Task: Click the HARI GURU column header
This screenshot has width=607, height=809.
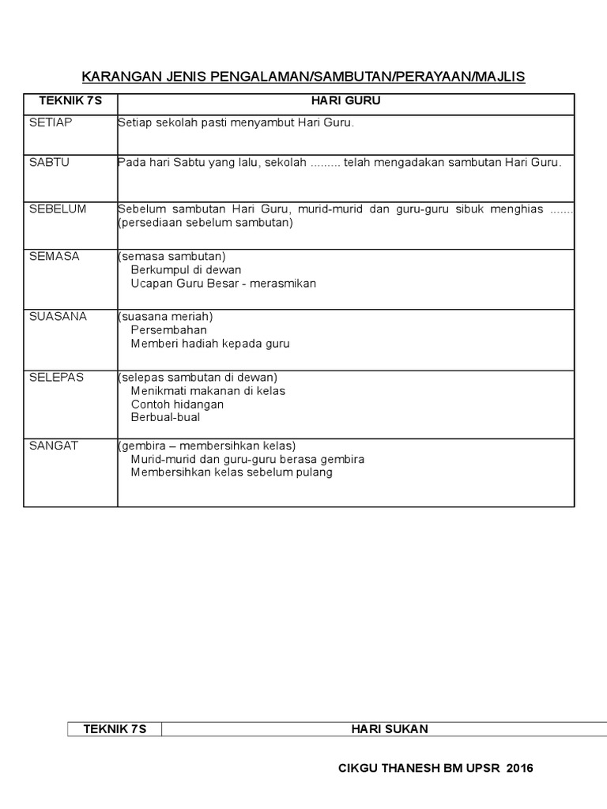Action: (x=345, y=102)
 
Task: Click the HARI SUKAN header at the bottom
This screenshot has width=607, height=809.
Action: (x=390, y=729)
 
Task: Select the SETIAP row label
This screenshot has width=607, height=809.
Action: (x=49, y=123)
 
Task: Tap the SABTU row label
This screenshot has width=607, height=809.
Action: (x=49, y=163)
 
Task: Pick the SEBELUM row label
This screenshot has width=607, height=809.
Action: (x=58, y=209)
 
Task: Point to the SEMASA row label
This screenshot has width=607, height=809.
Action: (x=55, y=257)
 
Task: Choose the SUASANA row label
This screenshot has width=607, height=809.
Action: (x=58, y=317)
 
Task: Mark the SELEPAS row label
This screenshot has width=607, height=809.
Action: (x=56, y=378)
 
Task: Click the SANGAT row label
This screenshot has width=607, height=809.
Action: (x=54, y=446)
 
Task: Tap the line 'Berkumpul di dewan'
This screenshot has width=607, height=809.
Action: (x=186, y=270)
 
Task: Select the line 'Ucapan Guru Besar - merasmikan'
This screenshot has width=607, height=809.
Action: (x=223, y=284)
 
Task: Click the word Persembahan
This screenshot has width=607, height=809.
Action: (x=169, y=330)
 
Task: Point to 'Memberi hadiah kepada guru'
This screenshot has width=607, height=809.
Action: (x=210, y=344)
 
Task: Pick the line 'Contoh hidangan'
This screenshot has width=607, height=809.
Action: (x=177, y=404)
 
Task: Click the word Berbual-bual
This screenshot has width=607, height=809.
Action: (x=165, y=417)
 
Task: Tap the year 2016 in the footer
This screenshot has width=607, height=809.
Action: (x=519, y=768)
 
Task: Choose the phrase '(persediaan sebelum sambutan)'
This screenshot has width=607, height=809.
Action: (x=205, y=223)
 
